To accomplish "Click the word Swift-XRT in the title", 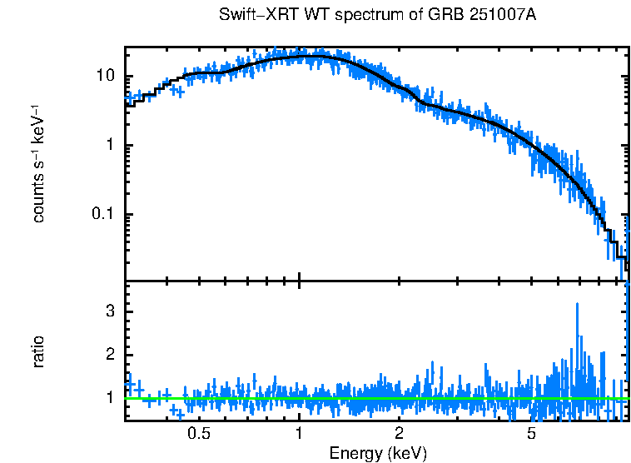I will (x=252, y=16).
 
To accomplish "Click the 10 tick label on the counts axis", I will (x=105, y=77).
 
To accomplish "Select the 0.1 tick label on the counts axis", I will (x=103, y=215).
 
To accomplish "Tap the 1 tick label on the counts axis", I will (x=110, y=146).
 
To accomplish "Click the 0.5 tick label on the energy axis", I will (x=199, y=434).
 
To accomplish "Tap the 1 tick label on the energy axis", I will (x=299, y=434).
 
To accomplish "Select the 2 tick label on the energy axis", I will (x=399, y=434).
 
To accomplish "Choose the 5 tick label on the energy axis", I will (x=531, y=434).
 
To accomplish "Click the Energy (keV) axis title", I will (x=378, y=453).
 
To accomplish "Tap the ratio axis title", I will (x=38, y=351).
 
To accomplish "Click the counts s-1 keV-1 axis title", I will (x=38, y=163).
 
